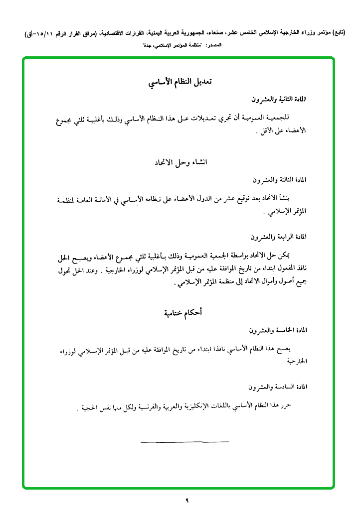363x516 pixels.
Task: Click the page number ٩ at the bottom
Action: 186,500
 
